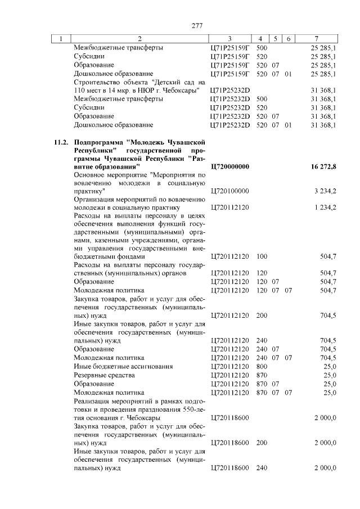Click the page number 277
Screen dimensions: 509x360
click(x=196, y=25)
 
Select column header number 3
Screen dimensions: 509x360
click(x=229, y=39)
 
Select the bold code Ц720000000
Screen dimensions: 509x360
click(x=229, y=168)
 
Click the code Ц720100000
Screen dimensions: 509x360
click(x=229, y=191)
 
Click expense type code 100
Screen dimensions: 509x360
click(x=262, y=256)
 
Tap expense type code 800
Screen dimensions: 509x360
click(x=262, y=367)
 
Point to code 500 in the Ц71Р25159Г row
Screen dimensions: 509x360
click(x=262, y=48)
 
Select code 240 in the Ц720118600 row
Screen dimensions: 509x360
click(x=262, y=469)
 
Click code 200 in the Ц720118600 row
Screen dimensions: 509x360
click(x=262, y=443)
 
